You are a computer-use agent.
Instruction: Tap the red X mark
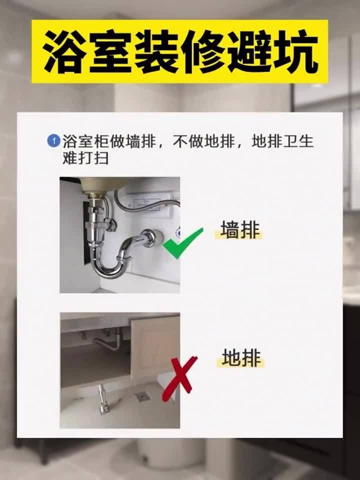178,379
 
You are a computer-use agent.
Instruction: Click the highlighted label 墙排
240,230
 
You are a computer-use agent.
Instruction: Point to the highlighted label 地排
241,358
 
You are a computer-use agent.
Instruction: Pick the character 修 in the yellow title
203,52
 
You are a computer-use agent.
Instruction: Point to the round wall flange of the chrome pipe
150,237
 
